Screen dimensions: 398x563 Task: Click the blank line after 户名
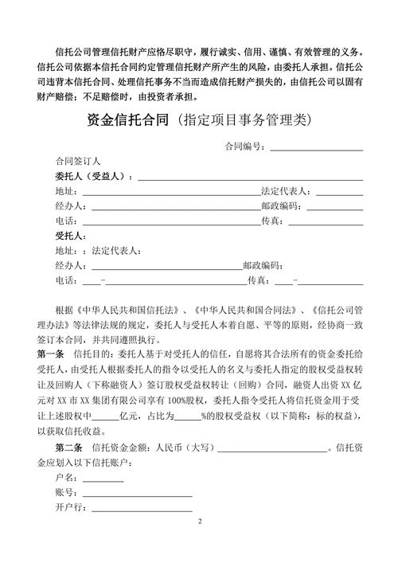pos(103,479)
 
